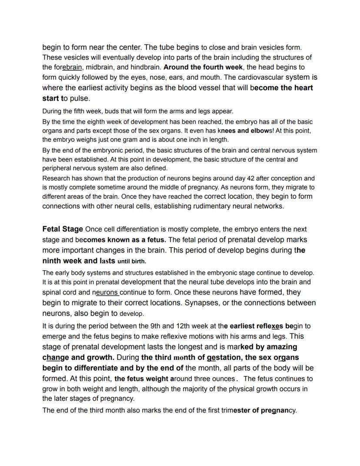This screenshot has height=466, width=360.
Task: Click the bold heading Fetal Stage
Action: (x=63, y=229)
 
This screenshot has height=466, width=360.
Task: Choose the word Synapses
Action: (x=204, y=302)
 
